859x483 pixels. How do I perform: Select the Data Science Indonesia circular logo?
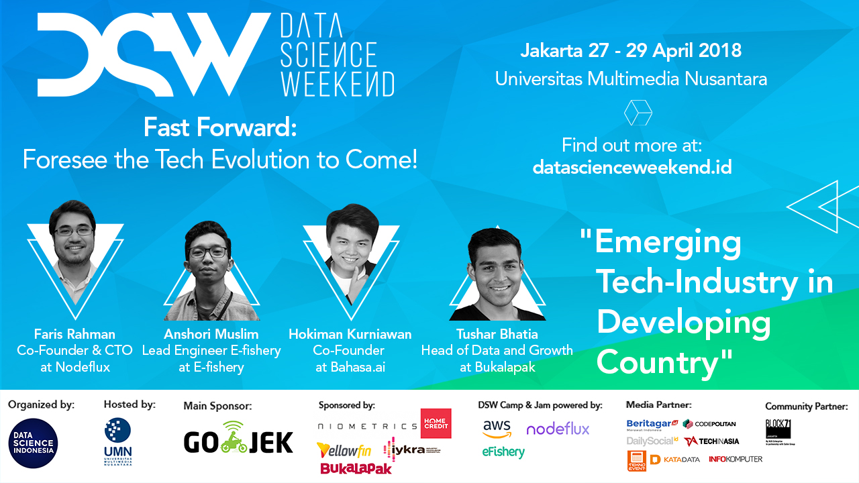point(33,443)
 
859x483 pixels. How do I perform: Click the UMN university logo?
point(117,442)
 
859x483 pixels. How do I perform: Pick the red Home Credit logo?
point(436,424)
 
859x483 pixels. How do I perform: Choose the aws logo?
point(497,428)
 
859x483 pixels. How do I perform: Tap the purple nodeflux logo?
point(558,428)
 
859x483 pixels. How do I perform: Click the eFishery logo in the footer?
point(503,452)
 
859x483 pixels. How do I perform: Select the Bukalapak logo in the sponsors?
point(356,468)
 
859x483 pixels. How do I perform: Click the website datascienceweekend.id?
point(631,167)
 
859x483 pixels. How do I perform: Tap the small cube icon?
point(638,113)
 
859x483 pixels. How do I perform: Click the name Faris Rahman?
point(74,334)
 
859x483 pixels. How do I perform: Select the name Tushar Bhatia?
point(497,334)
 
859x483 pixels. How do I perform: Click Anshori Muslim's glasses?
point(207,253)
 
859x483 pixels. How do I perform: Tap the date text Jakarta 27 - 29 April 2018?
point(631,50)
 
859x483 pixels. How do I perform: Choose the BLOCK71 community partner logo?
point(778,427)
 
